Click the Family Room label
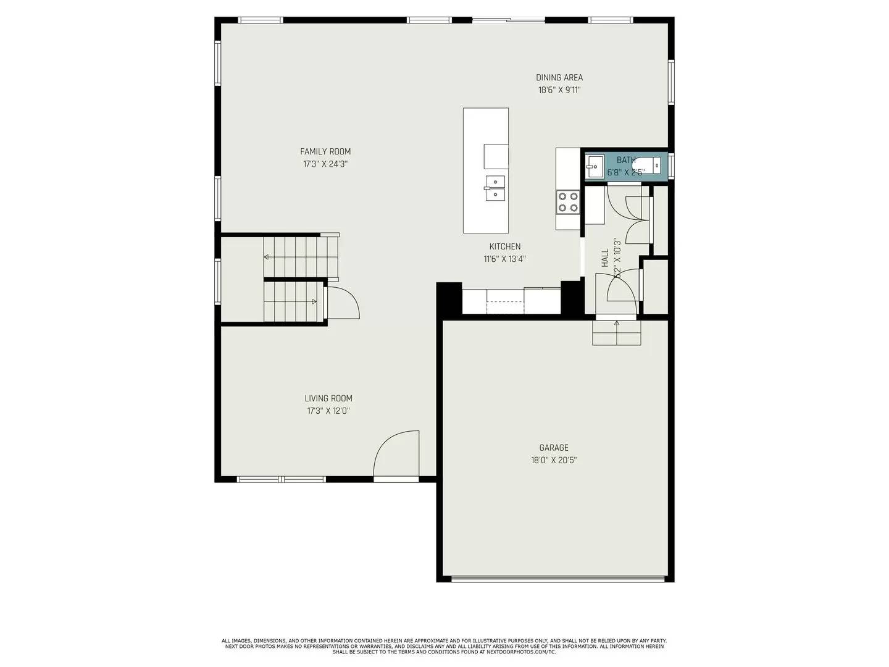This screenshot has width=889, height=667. click(325, 151)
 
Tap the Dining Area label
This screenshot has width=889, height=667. click(559, 78)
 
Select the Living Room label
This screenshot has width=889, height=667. click(328, 398)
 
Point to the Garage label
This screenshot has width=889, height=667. click(554, 448)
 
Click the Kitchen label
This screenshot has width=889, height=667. click(505, 246)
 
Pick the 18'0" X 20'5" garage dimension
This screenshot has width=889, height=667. click(554, 460)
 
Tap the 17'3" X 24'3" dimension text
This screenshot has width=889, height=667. click(325, 164)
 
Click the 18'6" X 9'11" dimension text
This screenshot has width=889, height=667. click(559, 90)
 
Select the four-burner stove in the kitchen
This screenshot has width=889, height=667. click(568, 202)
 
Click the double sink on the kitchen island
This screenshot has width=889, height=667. click(495, 188)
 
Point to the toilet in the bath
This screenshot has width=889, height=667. click(648, 166)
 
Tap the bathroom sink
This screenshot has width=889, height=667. click(595, 166)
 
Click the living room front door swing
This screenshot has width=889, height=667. click(397, 454)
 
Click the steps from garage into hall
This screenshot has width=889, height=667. click(617, 333)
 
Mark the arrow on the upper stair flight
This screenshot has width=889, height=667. click(267, 256)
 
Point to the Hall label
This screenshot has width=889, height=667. click(605, 258)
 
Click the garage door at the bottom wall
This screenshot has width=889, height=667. click(558, 579)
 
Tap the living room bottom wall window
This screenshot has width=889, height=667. click(281, 479)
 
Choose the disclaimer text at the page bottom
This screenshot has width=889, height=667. click(444, 647)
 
